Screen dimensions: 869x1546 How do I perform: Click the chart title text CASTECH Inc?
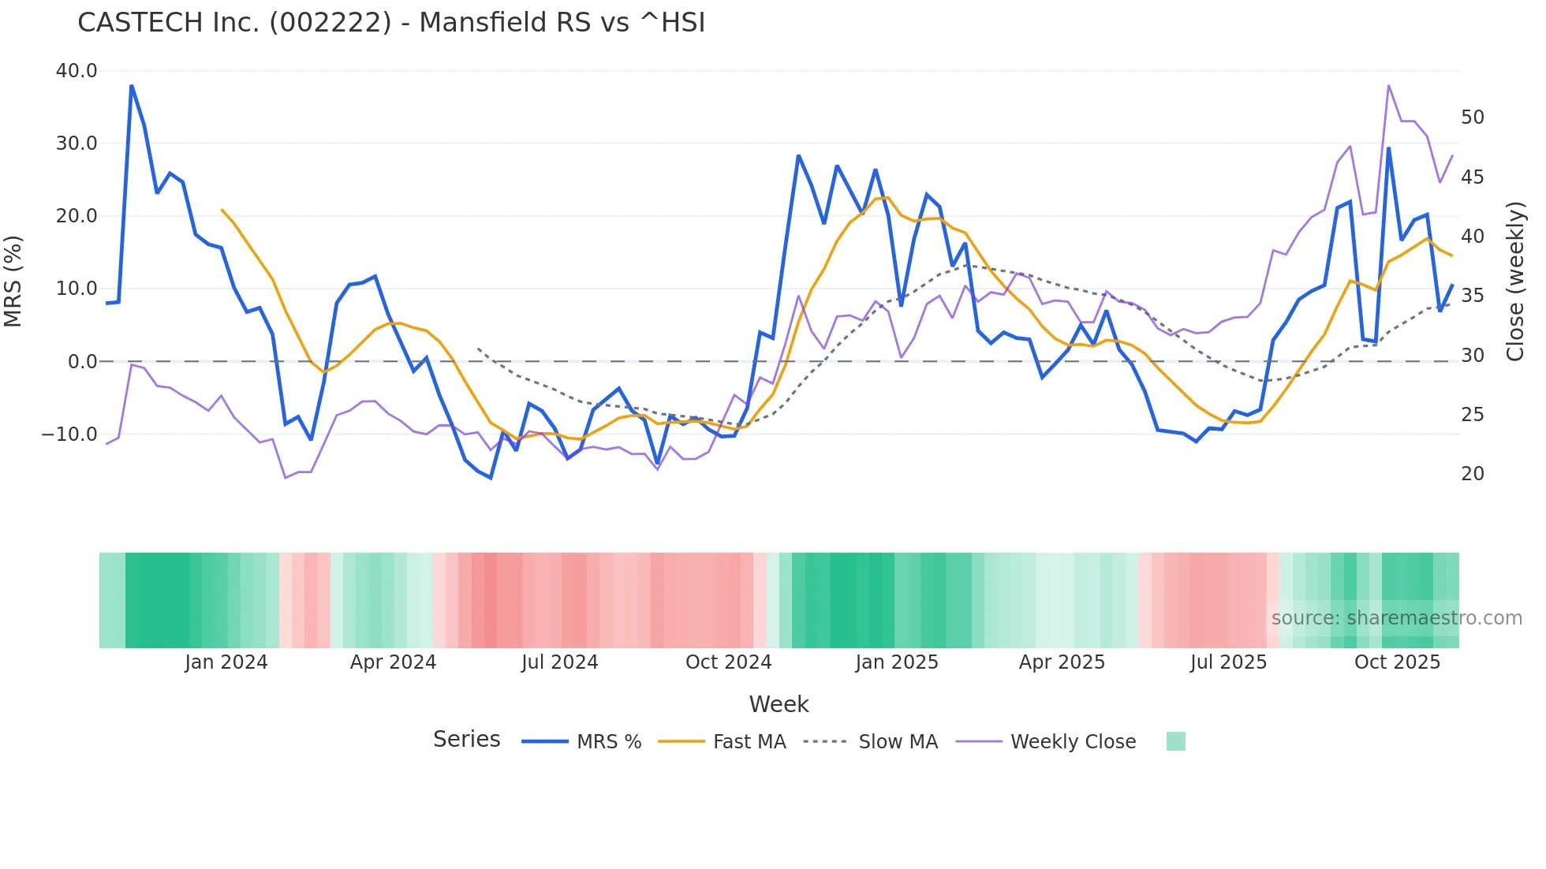click(x=391, y=23)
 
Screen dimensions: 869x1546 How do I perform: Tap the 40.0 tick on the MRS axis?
click(x=77, y=71)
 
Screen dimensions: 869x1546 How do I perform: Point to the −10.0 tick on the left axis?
click(x=70, y=434)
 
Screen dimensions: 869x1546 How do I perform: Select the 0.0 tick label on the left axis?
click(x=83, y=362)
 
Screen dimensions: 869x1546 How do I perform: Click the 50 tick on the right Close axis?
click(x=1472, y=117)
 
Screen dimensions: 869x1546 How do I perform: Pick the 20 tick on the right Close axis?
click(x=1472, y=474)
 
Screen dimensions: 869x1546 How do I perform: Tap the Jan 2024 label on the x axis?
click(x=226, y=662)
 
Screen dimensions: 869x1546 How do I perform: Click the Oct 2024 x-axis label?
click(x=728, y=662)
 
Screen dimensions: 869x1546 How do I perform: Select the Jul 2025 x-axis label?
click(x=1228, y=662)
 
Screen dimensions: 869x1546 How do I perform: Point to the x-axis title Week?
click(x=779, y=704)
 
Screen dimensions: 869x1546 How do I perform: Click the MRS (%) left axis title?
click(x=13, y=281)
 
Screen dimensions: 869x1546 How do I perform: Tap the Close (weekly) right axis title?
click(x=1514, y=282)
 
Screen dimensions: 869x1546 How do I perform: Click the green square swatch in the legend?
click(x=1175, y=741)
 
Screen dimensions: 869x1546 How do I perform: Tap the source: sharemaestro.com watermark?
click(x=1396, y=618)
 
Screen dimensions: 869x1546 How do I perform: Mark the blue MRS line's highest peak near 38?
click(x=132, y=85)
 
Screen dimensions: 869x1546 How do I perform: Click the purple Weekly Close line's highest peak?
click(x=1388, y=85)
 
